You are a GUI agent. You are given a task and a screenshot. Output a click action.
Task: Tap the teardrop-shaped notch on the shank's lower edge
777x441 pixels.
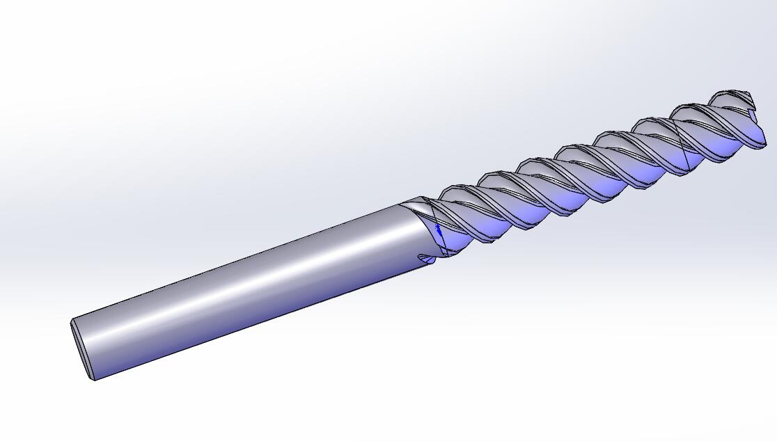point(425,259)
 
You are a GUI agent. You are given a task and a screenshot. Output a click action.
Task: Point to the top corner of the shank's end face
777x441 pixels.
point(72,321)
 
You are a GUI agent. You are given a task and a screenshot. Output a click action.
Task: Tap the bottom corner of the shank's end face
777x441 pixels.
point(93,378)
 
